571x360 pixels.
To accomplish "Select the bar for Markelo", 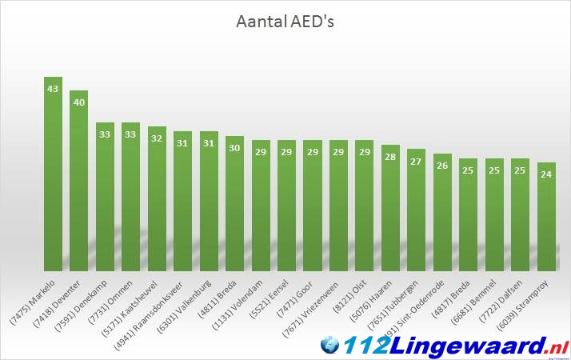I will pyautogui.click(x=54, y=176).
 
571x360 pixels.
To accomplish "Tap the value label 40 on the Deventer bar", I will pyautogui.click(x=79, y=102).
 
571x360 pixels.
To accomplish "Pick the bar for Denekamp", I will pyautogui.click(x=106, y=196).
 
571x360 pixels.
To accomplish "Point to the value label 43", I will pyautogui.click(x=54, y=89).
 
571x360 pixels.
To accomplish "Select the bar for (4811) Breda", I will pyautogui.click(x=235, y=204).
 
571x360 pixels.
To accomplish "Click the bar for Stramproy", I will pyautogui.click(x=546, y=216).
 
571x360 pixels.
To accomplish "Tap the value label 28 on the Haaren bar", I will pyautogui.click(x=390, y=157).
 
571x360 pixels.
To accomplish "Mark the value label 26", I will pyautogui.click(x=442, y=166).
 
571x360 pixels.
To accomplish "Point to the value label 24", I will pyautogui.click(x=546, y=174).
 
